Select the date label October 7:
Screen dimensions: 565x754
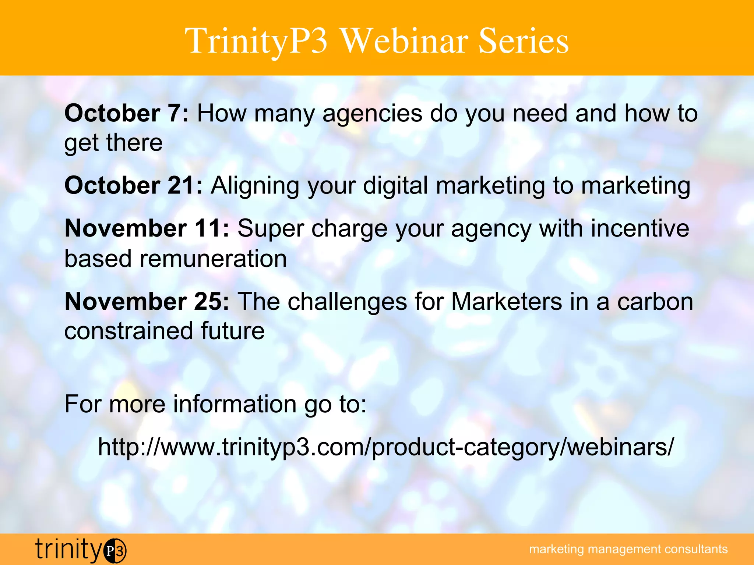[127, 113]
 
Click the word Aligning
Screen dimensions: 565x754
[255, 186]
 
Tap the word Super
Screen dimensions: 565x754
[271, 229]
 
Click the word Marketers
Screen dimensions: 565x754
[507, 302]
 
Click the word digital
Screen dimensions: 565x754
[395, 186]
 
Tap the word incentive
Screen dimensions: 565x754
[640, 228]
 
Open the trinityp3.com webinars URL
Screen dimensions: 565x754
[386, 448]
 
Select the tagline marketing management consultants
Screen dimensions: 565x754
[628, 549]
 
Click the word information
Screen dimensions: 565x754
[235, 404]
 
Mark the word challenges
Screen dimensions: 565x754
[347, 302]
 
